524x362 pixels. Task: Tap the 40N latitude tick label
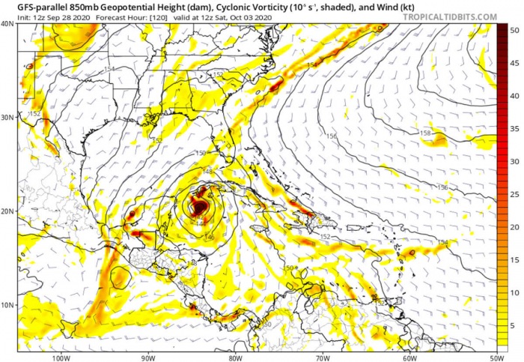[7, 23]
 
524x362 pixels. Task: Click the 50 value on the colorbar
[514, 31]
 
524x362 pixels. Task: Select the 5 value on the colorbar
[514, 324]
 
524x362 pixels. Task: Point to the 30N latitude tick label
[7, 117]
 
